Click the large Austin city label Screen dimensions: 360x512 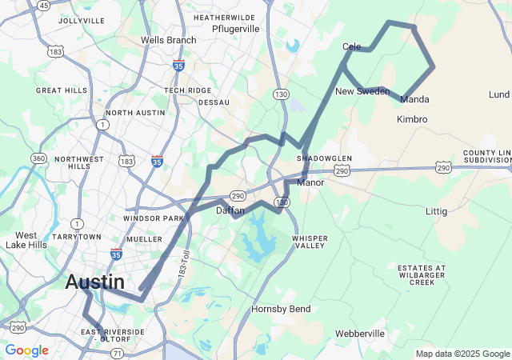tap(94, 282)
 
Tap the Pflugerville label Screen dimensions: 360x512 tap(235, 29)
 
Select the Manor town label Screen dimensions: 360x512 tap(310, 183)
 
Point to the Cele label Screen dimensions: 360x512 tap(351, 46)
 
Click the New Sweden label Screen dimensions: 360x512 tap(362, 91)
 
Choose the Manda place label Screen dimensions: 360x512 tap(414, 100)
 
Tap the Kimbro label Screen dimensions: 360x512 tap(412, 119)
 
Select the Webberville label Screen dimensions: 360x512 tap(361, 333)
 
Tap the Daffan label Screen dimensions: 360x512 tap(230, 210)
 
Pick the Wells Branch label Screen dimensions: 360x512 tap(168, 40)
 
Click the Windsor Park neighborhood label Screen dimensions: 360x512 tap(154, 218)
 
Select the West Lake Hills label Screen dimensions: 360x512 tap(26, 240)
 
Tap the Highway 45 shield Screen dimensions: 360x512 tap(43, 6)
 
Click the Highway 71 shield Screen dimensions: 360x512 tap(118, 353)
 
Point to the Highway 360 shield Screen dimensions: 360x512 tap(38, 158)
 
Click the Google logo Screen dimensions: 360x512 tap(26, 350)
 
